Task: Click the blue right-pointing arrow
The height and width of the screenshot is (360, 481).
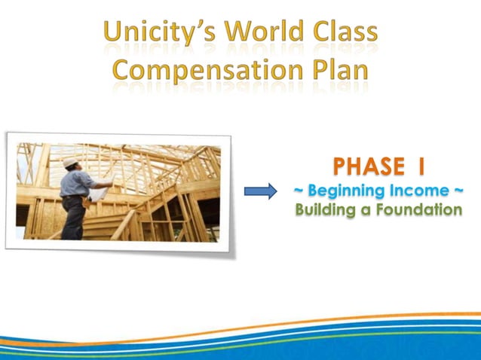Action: [x=260, y=191]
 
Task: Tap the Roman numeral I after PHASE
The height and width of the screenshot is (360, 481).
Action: [x=426, y=165]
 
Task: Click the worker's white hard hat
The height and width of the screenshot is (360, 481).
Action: [x=70, y=162]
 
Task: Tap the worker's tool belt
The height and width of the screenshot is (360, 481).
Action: [x=75, y=198]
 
